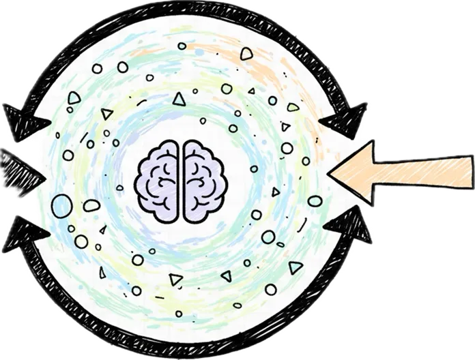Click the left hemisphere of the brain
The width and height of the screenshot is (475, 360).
(x=159, y=180)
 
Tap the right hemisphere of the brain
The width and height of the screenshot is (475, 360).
(x=202, y=180)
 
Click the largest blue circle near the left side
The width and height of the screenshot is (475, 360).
(x=62, y=204)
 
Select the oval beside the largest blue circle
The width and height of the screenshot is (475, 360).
(x=91, y=205)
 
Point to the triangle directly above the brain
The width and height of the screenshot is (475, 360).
(x=179, y=100)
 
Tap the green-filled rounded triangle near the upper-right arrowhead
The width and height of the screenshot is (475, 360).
(x=293, y=107)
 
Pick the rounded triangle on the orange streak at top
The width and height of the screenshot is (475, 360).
(x=246, y=52)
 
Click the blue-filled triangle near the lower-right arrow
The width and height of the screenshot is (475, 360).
(x=295, y=267)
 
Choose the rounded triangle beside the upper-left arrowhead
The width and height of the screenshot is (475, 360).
(x=74, y=98)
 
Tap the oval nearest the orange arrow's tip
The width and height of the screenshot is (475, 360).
(x=315, y=200)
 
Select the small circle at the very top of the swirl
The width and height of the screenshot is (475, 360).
(x=182, y=46)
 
